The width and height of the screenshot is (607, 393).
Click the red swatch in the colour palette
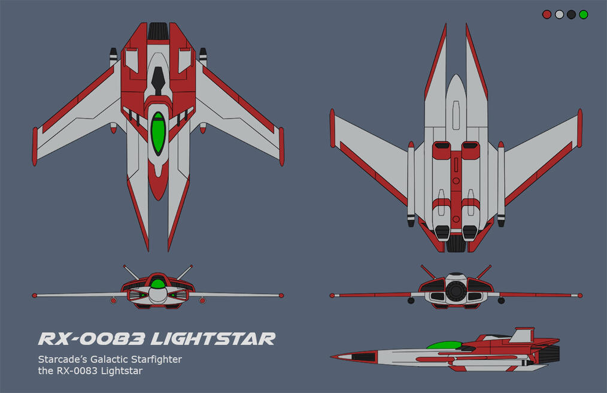pos(547,14)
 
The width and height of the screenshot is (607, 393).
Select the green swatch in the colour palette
pos(583,14)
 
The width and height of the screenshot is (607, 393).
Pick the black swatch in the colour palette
pos(571,14)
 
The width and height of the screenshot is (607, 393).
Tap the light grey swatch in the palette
pos(559,14)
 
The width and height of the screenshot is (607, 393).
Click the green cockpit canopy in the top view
pos(158,132)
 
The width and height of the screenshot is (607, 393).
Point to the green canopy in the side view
pos(444,345)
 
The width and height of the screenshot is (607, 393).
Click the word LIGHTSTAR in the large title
pos(213,339)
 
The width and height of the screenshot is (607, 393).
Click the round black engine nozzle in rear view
pos(456,291)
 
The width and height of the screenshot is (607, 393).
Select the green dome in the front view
pos(158,282)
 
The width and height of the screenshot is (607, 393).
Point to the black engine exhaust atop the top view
pos(158,30)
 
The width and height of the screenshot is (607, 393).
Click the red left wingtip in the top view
pos(35,147)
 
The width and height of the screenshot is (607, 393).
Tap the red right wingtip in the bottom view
pos(579,128)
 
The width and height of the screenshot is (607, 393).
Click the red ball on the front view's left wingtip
pos(35,295)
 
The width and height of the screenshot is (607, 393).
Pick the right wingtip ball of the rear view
pos(580,295)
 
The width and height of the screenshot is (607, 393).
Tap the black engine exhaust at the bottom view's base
pos(456,243)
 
